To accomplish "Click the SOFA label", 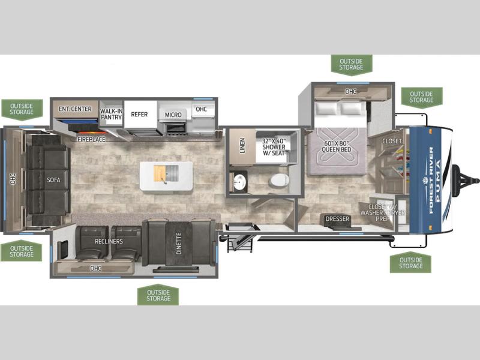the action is (x=53, y=180).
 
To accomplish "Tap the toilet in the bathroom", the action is (x=279, y=181).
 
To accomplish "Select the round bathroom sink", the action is (x=239, y=182).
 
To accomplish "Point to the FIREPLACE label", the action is (x=91, y=139).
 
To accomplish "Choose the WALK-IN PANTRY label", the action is (x=112, y=114).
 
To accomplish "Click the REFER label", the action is (x=139, y=114).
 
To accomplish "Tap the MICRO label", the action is (x=173, y=115).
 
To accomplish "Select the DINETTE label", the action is (x=179, y=244).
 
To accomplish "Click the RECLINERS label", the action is (x=109, y=242).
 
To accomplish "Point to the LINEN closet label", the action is (x=242, y=146).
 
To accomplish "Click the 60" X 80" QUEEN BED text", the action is (x=337, y=146).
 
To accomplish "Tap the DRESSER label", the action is (x=337, y=218).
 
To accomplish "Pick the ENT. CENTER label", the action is (x=75, y=109).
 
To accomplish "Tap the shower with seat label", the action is (x=274, y=147).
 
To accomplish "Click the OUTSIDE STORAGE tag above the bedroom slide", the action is (x=352, y=65).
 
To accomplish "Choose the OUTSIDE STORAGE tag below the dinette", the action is (x=158, y=295).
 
